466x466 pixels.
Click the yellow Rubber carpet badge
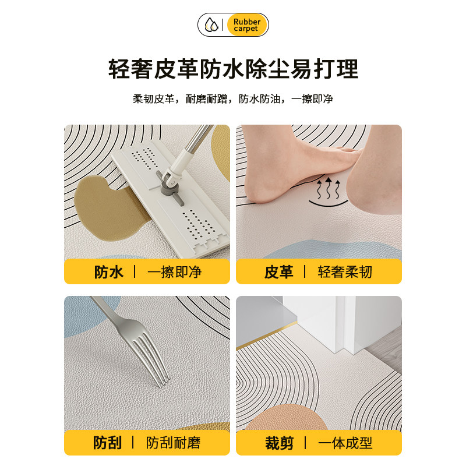246,25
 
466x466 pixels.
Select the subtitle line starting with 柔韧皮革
233,98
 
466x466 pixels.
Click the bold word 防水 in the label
109,272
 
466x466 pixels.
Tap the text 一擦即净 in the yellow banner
174,272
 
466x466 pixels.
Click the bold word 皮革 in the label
279,272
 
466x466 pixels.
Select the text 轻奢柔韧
345,272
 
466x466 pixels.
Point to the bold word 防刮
108,443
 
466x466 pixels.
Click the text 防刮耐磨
174,443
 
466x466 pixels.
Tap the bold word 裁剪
279,443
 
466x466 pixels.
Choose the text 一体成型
345,443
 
